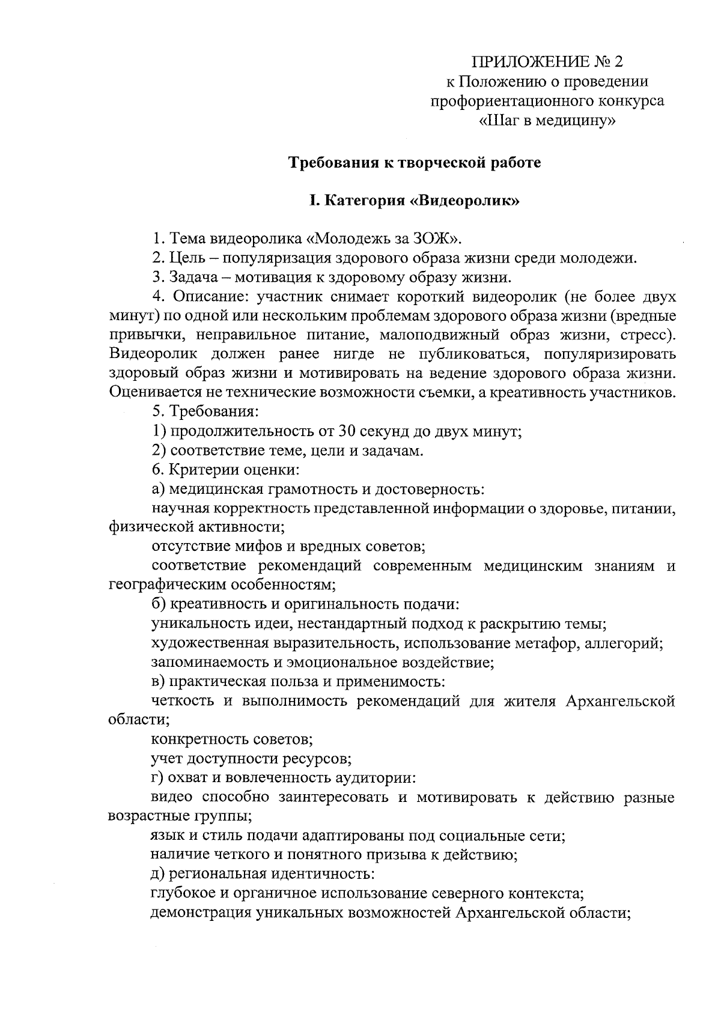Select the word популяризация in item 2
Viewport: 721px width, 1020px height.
click(x=280, y=258)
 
